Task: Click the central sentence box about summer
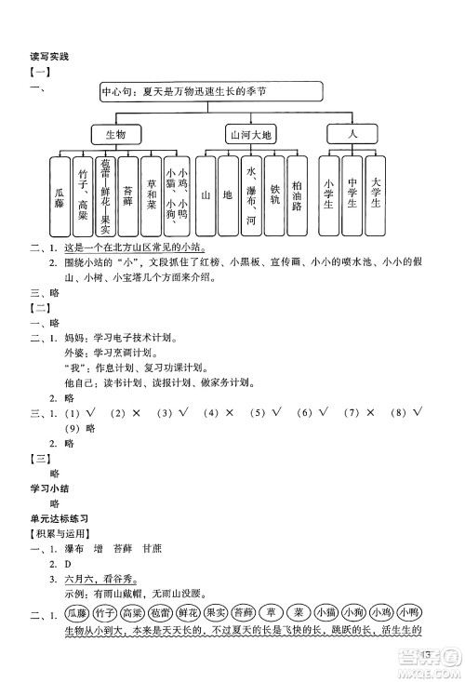tap(210, 91)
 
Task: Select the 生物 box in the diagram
tap(116, 135)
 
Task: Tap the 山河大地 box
tap(252, 135)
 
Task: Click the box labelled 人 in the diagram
tap(352, 135)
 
